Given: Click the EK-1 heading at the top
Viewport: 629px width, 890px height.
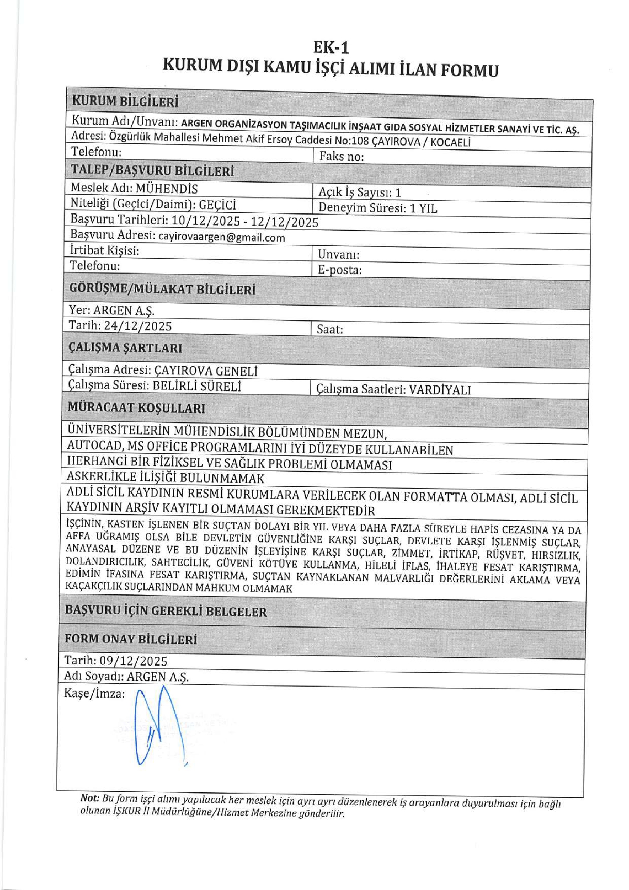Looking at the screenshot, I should pyautogui.click(x=331, y=47).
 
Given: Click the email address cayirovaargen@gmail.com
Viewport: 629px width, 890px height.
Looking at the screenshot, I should pyautogui.click(x=222, y=237).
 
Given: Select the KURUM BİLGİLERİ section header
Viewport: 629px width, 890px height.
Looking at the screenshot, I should pyautogui.click(x=125, y=101).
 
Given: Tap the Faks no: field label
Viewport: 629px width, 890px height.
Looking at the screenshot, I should pyautogui.click(x=342, y=157).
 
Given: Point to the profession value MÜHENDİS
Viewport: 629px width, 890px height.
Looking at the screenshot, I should pyautogui.click(x=167, y=189).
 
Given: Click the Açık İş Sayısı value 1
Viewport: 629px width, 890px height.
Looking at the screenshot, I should pyautogui.click(x=398, y=193).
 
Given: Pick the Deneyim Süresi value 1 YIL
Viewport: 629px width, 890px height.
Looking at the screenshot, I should pyautogui.click(x=423, y=208).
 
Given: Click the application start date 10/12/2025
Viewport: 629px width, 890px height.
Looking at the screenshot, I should pyautogui.click(x=206, y=220).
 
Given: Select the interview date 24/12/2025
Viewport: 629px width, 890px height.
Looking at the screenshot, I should pyautogui.click(x=138, y=326).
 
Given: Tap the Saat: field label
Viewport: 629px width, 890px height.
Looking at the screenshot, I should pyautogui.click(x=330, y=330).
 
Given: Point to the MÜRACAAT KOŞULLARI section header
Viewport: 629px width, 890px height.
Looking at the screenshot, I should pyautogui.click(x=136, y=408).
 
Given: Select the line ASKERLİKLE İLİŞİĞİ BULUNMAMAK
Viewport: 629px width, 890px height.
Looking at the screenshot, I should pyautogui.click(x=165, y=477).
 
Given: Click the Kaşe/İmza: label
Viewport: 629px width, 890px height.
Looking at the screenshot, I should pyautogui.click(x=95, y=693).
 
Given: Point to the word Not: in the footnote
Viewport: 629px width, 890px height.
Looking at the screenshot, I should pyautogui.click(x=90, y=798).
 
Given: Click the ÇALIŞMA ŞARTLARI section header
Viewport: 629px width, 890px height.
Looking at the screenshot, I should pyautogui.click(x=125, y=348).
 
